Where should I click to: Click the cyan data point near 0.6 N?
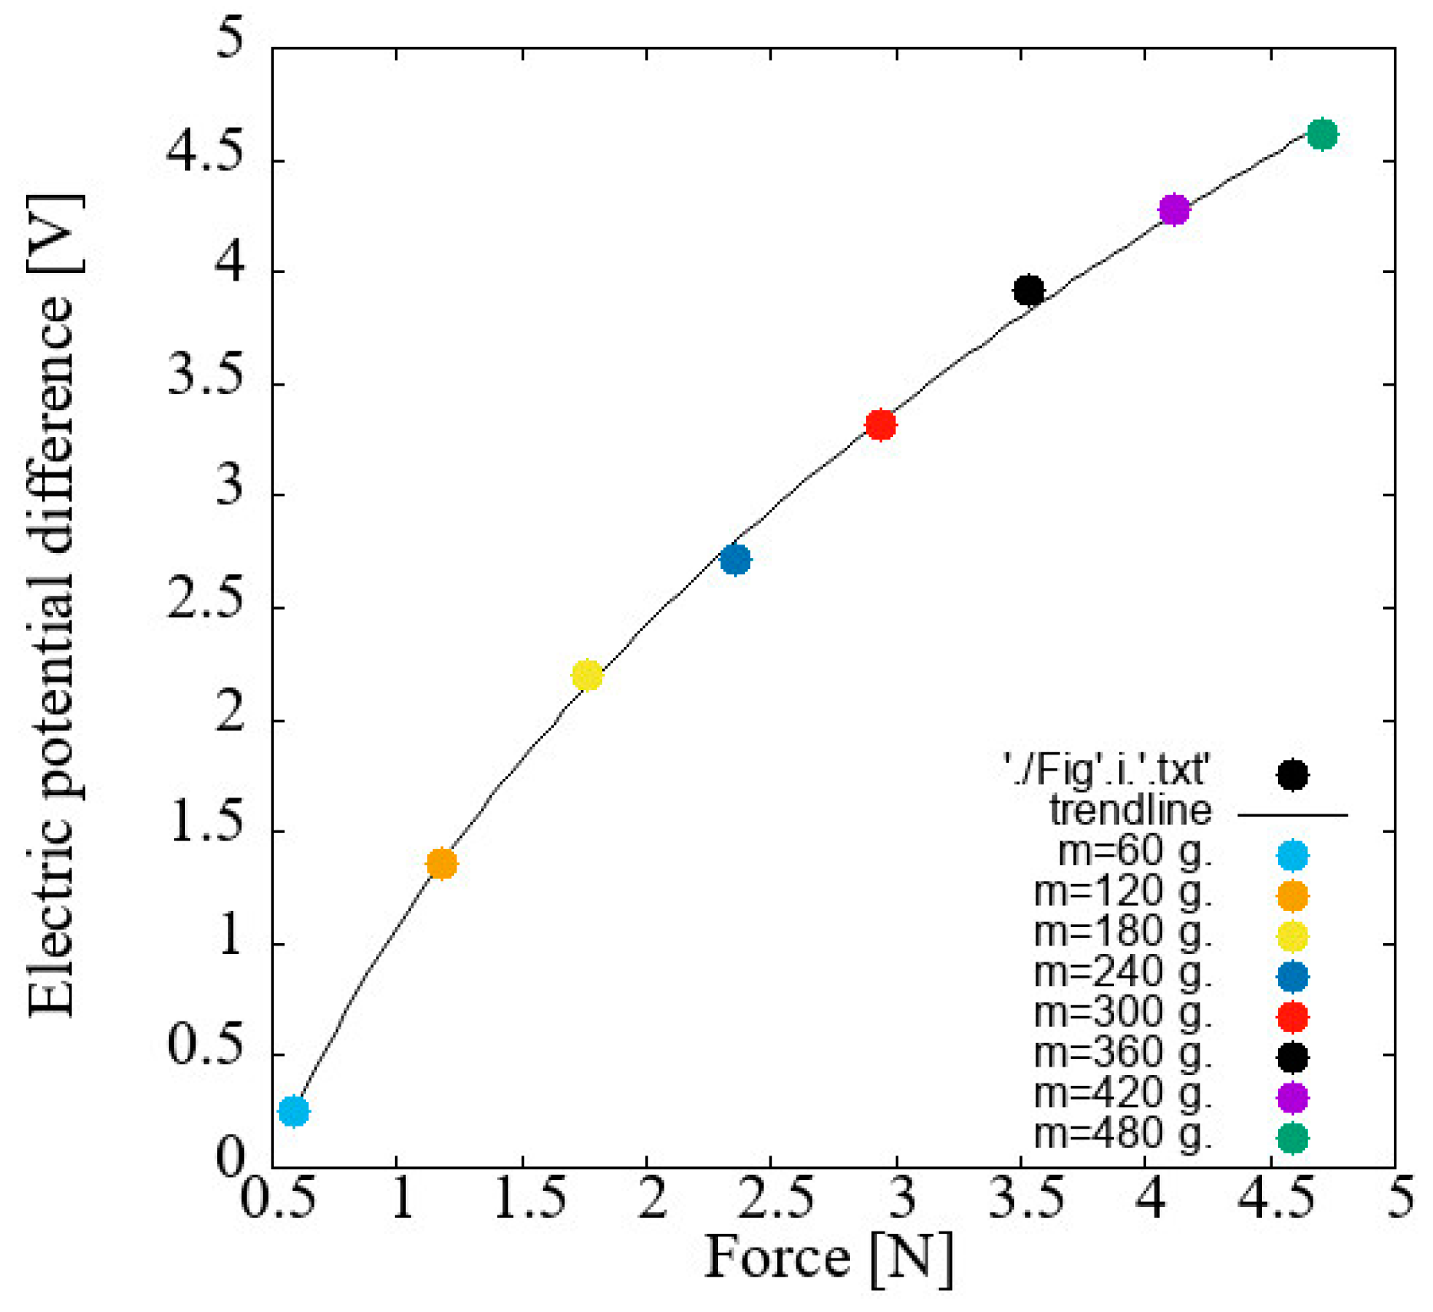point(294,1110)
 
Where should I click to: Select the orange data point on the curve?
point(441,864)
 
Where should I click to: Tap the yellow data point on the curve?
point(587,676)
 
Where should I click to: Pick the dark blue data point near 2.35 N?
point(735,559)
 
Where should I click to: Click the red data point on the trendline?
point(881,424)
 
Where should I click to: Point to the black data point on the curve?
point(1029,291)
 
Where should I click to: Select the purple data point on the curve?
point(1174,209)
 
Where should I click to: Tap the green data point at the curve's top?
point(1323,134)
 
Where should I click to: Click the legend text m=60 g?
point(1135,852)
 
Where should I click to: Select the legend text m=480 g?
point(1122,1134)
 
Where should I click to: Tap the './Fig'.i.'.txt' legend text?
point(1105,770)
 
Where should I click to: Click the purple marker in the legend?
point(1292,1097)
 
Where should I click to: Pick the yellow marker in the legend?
point(1292,936)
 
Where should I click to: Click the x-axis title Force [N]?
point(829,1258)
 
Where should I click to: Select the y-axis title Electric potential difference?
point(52,606)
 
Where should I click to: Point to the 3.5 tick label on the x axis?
point(1026,1198)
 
